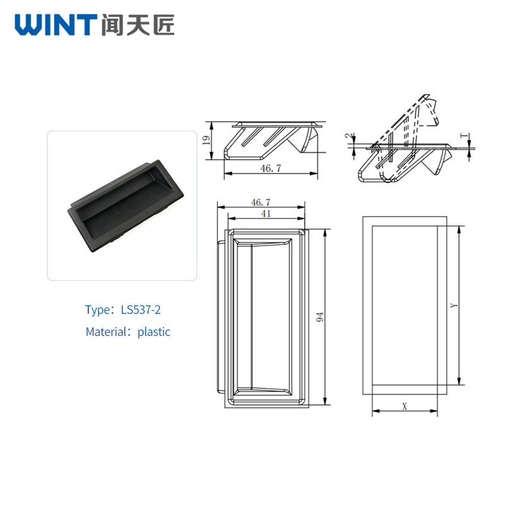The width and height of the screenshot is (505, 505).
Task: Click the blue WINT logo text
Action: click(56, 25)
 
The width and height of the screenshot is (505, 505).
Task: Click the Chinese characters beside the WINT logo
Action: click(138, 25)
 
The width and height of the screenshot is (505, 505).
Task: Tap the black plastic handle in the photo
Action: click(126, 206)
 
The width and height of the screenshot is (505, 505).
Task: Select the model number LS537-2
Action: click(141, 310)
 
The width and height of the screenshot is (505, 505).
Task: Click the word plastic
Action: click(154, 332)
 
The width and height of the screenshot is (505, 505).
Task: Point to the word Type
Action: click(97, 310)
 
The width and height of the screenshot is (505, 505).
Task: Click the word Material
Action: click(107, 332)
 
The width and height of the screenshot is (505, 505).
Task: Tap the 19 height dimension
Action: click(206, 140)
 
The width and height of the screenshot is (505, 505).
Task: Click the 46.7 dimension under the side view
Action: click(271, 168)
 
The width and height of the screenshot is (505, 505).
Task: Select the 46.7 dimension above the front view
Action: click(261, 202)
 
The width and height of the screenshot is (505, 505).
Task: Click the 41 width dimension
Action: click(266, 213)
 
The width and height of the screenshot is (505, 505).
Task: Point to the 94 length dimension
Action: click(320, 317)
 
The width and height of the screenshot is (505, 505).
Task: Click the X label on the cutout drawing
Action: click(405, 406)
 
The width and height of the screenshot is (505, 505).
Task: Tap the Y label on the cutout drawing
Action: click(454, 305)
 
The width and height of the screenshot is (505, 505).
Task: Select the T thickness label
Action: click(464, 136)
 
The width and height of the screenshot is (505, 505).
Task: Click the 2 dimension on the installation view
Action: click(349, 136)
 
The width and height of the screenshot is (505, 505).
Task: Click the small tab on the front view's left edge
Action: click(221, 317)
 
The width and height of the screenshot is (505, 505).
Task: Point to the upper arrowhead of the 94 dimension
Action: click(325, 232)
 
